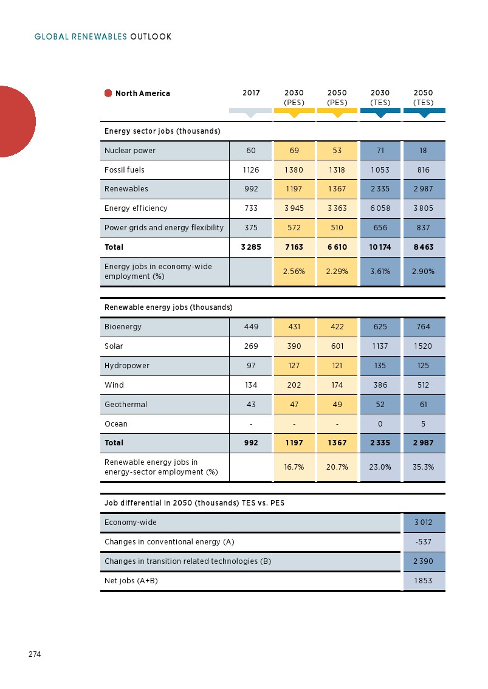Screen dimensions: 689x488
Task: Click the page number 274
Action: [34, 654]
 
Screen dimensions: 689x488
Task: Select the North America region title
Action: [143, 94]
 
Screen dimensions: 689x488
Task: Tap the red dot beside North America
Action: [108, 94]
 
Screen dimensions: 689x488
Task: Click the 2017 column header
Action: [251, 94]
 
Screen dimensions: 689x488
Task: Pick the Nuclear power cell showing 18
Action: [424, 151]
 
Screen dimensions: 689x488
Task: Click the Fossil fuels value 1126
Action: [251, 170]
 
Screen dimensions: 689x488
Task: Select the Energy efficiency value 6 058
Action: [380, 208]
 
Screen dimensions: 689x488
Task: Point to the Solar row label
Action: [114, 346]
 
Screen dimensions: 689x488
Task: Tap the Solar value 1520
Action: [424, 346]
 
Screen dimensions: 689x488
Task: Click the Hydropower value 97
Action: [251, 366]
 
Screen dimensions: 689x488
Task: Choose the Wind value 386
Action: [380, 385]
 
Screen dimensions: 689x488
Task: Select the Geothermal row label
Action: [126, 405]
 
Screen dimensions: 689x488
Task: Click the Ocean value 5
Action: [424, 424]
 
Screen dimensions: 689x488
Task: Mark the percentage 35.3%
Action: [424, 467]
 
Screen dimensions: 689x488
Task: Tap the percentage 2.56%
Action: [294, 272]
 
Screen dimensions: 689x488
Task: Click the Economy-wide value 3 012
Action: [424, 523]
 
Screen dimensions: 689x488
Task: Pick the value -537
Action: [424, 542]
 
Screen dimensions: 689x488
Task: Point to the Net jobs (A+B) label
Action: [131, 581]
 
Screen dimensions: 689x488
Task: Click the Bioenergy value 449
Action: [251, 327]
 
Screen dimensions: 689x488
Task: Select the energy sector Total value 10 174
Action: [380, 247]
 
